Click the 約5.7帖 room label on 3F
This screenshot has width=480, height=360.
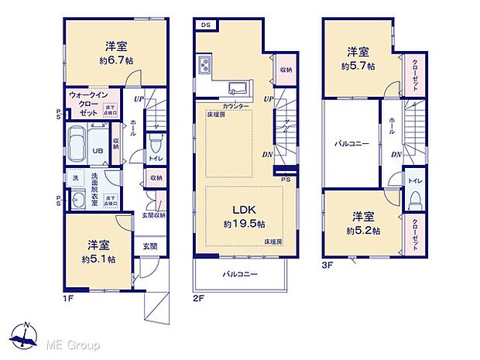[x=358, y=66]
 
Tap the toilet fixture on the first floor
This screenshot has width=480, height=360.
[x=155, y=143]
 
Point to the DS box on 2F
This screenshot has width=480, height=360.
[x=205, y=25]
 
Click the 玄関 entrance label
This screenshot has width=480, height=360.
[x=149, y=248]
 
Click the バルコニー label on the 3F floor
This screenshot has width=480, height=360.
[x=350, y=144]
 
